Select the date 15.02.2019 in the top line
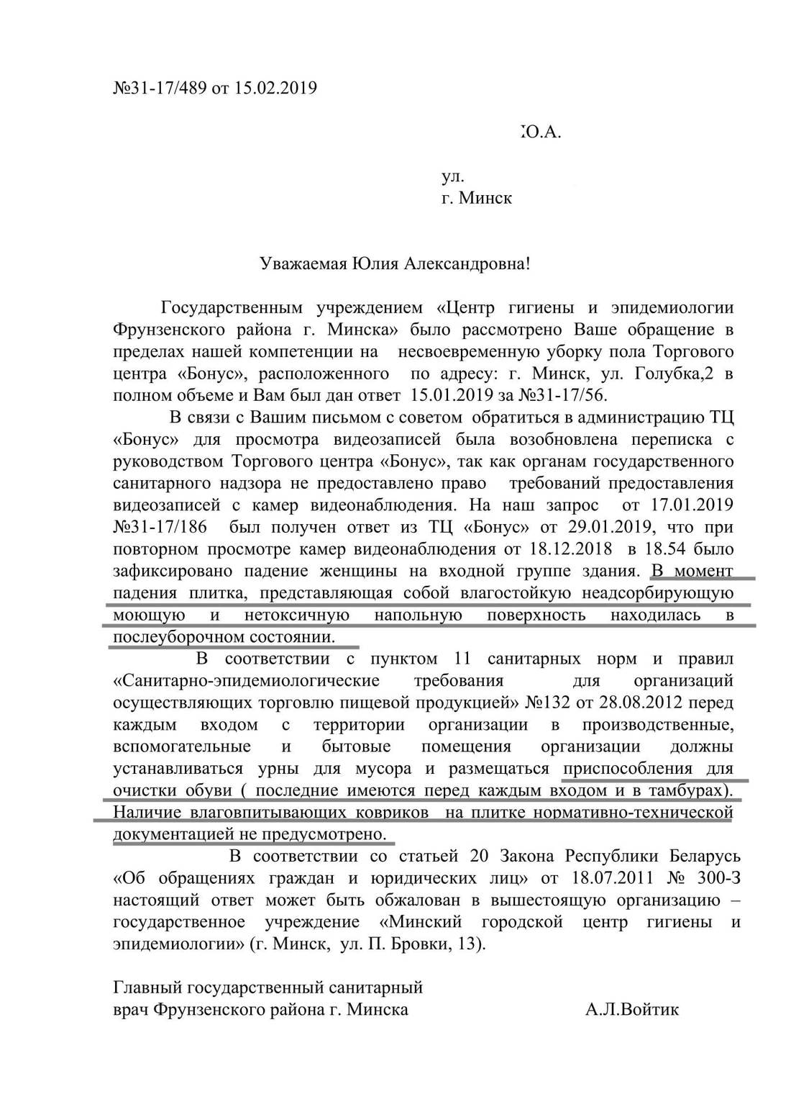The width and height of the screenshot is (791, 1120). (275, 89)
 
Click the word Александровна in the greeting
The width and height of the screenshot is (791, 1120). (467, 263)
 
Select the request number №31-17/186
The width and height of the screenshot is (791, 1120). (160, 528)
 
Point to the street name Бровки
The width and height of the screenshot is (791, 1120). (419, 944)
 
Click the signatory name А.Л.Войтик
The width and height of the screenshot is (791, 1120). (632, 1010)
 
